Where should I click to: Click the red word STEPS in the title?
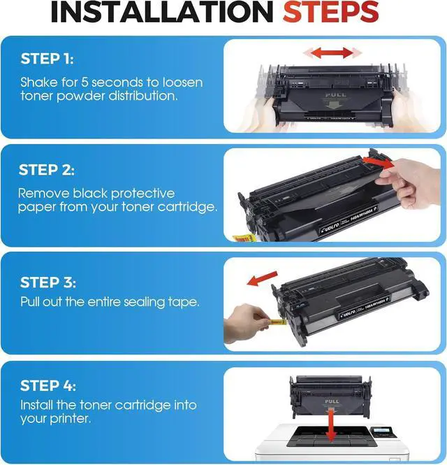pyautogui.click(x=330, y=12)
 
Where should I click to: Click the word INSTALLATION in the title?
pyautogui.click(x=162, y=12)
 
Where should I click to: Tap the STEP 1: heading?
pyautogui.click(x=47, y=59)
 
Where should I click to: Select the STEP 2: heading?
pyautogui.click(x=47, y=170)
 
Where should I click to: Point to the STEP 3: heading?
pyautogui.click(x=48, y=282)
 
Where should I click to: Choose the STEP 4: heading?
pyautogui.click(x=48, y=385)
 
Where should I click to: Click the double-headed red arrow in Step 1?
pyautogui.click(x=332, y=53)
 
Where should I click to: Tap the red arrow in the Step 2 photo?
pyautogui.click(x=377, y=162)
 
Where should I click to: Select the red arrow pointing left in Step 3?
pyautogui.click(x=262, y=278)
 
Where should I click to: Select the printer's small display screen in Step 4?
pyautogui.click(x=381, y=430)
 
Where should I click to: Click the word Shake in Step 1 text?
pyautogui.click(x=39, y=82)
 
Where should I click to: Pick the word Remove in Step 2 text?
pyautogui.click(x=43, y=194)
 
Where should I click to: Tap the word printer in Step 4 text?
pyautogui.click(x=69, y=419)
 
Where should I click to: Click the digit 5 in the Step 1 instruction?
pyautogui.click(x=85, y=82)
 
